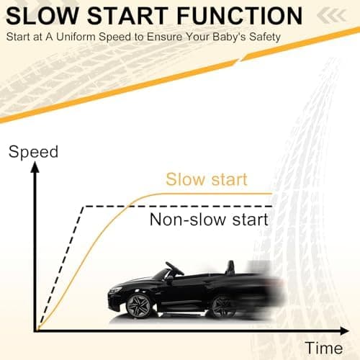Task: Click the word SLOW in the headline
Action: (42, 16)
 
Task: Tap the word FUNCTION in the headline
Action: (240, 16)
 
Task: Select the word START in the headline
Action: (127, 16)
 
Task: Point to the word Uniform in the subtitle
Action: (76, 37)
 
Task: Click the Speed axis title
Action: (33, 152)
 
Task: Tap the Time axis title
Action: (324, 348)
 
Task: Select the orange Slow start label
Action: (207, 179)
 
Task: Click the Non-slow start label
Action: (209, 220)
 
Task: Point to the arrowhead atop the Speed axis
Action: (35, 167)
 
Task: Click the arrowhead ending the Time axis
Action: (344, 331)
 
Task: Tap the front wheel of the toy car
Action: (138, 306)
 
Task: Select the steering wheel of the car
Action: (174, 269)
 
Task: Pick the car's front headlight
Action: (115, 289)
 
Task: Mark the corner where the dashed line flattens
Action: (83, 207)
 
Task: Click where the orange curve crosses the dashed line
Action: (130, 206)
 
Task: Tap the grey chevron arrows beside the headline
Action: (332, 15)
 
